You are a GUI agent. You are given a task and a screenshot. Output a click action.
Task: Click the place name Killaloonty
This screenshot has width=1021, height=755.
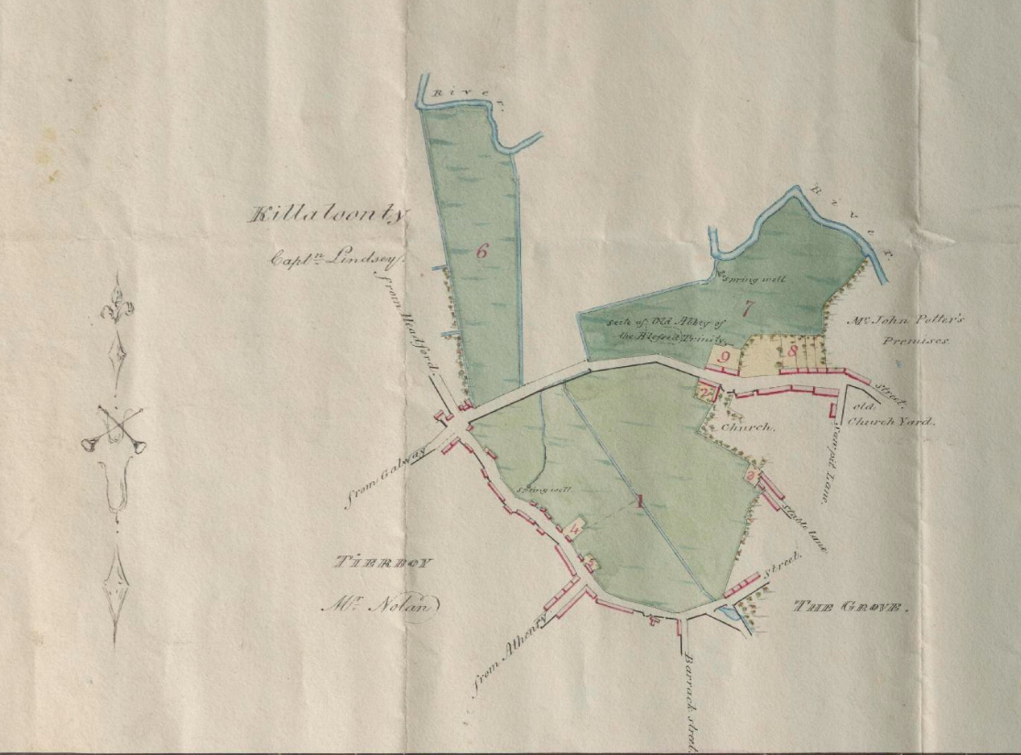[329, 216]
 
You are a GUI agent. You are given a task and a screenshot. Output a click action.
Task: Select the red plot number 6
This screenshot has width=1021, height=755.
[482, 253]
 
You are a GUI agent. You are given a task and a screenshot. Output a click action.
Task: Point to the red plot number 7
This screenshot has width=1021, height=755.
[747, 309]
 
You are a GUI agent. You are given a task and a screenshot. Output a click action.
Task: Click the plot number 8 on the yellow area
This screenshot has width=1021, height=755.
[794, 349]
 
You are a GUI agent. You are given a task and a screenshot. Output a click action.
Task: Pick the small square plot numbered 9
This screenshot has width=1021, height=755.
[723, 357]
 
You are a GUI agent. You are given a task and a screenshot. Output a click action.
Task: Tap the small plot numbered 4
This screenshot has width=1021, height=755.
[576, 527]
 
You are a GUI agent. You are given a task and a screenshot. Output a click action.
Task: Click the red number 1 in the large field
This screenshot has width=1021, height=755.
[640, 501]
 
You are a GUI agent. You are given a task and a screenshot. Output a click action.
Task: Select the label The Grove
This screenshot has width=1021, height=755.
[851, 607]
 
